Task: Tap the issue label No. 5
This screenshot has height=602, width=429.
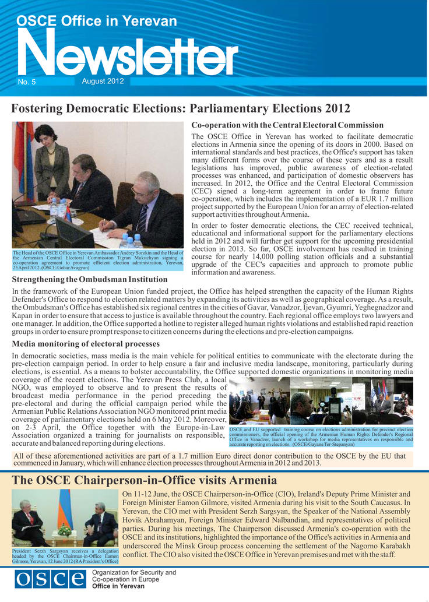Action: click(x=27, y=82)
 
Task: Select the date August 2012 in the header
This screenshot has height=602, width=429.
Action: click(x=103, y=81)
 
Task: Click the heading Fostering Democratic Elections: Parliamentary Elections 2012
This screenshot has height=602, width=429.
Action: click(x=181, y=108)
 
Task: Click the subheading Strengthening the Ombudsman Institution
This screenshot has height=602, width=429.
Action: click(x=90, y=279)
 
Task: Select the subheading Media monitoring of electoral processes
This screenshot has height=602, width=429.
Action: click(x=86, y=344)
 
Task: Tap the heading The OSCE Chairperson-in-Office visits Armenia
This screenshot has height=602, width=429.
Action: click(x=144, y=480)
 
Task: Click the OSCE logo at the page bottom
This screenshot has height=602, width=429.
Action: click(x=50, y=580)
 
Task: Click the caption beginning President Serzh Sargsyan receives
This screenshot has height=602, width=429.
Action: click(x=65, y=555)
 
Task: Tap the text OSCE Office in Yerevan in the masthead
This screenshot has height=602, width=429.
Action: click(x=97, y=22)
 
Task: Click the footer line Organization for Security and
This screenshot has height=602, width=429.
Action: click(x=134, y=573)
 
